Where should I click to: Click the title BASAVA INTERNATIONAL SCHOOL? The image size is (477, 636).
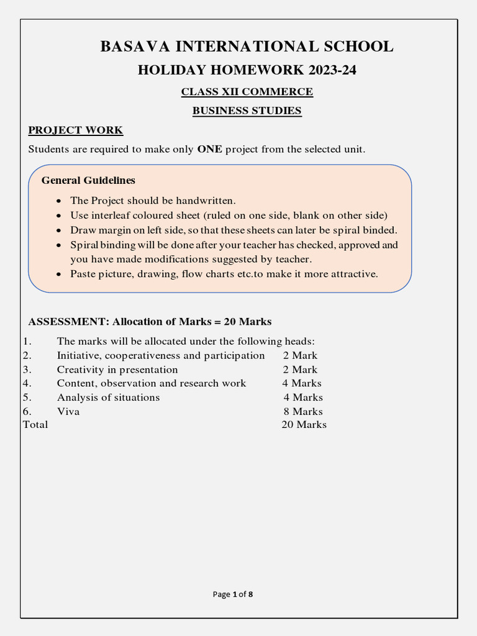pyautogui.click(x=247, y=47)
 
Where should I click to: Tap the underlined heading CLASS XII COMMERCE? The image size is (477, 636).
pyautogui.click(x=247, y=92)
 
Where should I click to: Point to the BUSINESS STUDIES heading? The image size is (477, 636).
pyautogui.click(x=247, y=111)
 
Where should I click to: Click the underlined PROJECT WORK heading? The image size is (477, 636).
pyautogui.click(x=76, y=130)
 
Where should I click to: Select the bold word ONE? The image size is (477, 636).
pyautogui.click(x=209, y=150)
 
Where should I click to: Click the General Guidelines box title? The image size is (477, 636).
pyautogui.click(x=88, y=181)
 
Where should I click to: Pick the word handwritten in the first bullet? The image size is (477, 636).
pyautogui.click(x=206, y=201)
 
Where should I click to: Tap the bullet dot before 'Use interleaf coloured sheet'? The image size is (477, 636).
pyautogui.click(x=58, y=216)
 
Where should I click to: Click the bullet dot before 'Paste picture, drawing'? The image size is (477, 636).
pyautogui.click(x=58, y=275)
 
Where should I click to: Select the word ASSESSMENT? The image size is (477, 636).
pyautogui.click(x=68, y=322)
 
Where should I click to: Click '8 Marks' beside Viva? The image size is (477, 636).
pyautogui.click(x=303, y=411)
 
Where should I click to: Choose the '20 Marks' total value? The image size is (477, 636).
pyautogui.click(x=304, y=425)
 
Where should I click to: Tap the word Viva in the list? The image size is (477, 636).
pyautogui.click(x=68, y=411)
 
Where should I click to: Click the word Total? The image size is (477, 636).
pyautogui.click(x=35, y=425)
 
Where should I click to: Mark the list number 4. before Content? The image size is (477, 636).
pyautogui.click(x=27, y=383)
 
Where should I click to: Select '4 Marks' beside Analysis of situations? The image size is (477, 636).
pyautogui.click(x=303, y=397)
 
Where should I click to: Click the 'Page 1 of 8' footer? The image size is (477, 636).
pyautogui.click(x=233, y=594)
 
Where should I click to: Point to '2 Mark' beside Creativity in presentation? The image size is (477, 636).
pyautogui.click(x=300, y=370)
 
